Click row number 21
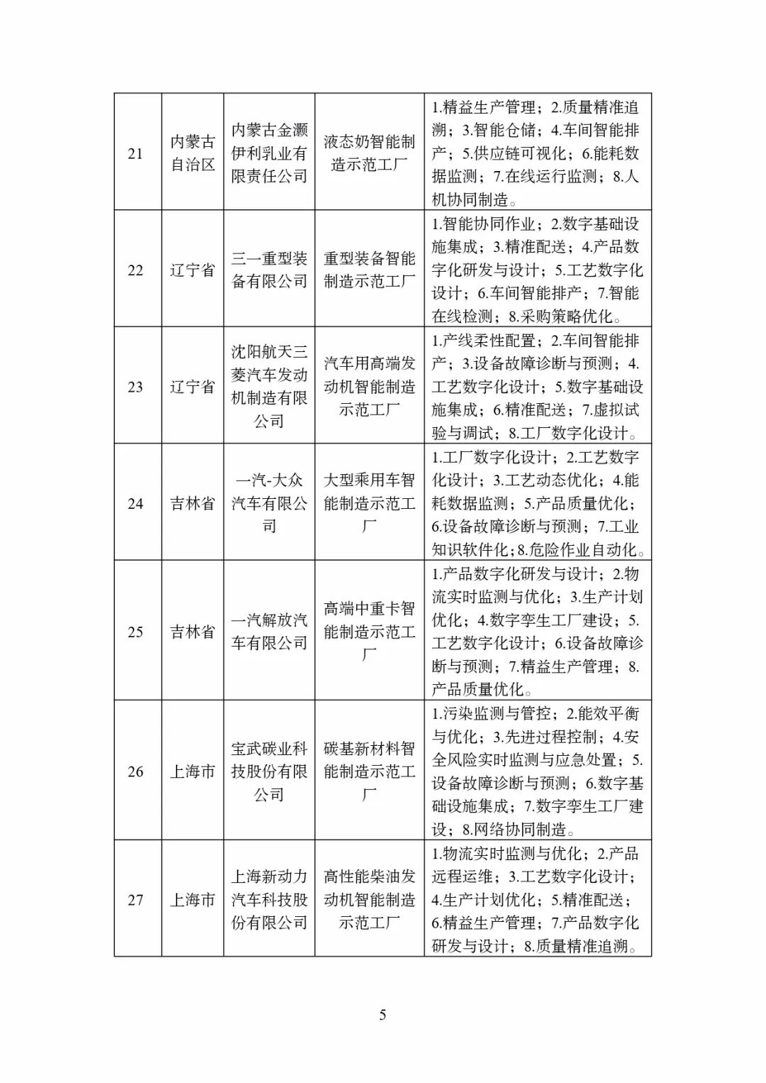coord(135,153)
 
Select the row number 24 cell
coord(135,504)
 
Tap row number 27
coord(135,900)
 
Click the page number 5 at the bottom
coord(383,1015)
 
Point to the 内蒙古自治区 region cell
coord(192,153)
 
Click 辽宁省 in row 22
coord(192,270)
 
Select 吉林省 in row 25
coord(192,632)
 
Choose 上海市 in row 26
coord(192,771)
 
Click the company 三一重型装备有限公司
coord(270,270)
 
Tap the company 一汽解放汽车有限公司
coord(270,632)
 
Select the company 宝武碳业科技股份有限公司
coord(270,771)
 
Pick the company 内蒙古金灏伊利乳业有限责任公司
coord(270,153)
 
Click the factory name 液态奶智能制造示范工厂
coord(370,153)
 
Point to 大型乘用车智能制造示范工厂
coord(370,504)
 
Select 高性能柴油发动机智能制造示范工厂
coord(370,900)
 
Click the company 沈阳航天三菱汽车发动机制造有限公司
coord(270,387)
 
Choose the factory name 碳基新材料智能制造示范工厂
coord(370,771)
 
